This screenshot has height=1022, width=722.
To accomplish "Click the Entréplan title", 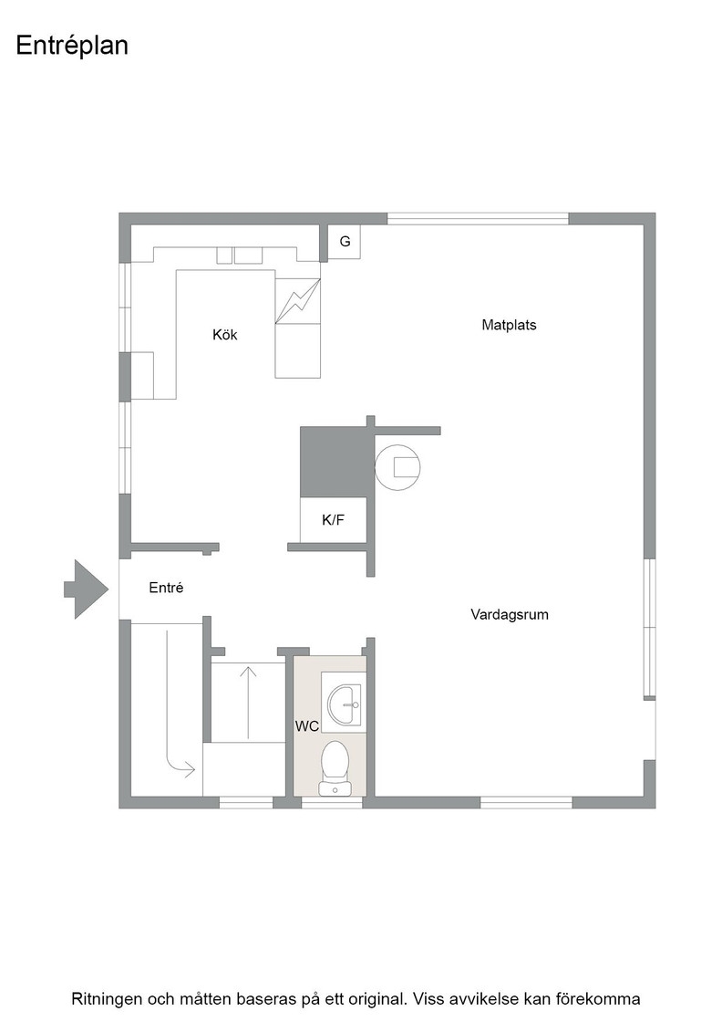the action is coord(72,47).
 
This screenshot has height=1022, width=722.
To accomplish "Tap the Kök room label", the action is coord(224,335).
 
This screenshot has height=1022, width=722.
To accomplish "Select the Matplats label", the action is coord(509,325).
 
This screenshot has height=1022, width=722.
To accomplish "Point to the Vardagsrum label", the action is coord(509,615).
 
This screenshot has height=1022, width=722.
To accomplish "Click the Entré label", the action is coord(166,588).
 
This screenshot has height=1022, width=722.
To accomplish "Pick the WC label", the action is coord(306,726).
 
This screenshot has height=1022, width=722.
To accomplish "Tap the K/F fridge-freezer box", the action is coord(333,519).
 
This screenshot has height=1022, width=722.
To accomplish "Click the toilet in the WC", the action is coord(335,768).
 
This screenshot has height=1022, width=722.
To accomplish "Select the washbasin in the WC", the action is coord(344,704).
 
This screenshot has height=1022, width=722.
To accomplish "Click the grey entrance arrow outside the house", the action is coord(86,589).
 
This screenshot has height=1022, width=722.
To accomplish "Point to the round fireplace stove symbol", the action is coord(397,467).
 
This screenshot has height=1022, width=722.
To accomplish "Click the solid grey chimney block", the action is coord(334,462).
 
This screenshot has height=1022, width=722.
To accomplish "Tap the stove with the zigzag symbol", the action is coord(297,301).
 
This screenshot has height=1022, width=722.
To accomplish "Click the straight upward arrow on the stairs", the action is coord(248,703).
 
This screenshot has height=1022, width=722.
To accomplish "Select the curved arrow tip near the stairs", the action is coord(194,770).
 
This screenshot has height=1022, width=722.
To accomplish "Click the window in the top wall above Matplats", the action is coord(478,219).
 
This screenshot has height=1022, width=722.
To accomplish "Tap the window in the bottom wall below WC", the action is coord(332,802).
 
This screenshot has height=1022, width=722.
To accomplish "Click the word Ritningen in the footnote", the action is coord(108,999).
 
